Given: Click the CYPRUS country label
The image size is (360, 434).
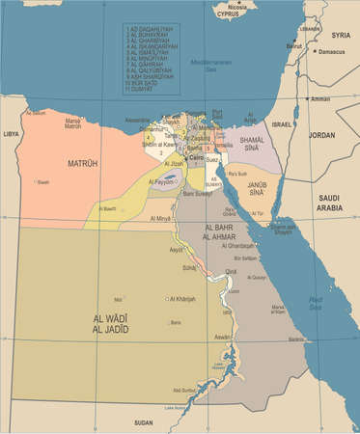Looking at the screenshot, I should tap(228, 15).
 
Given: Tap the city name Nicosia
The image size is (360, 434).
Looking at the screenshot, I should tap(236, 7).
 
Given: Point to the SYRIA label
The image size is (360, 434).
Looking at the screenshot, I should tap(340, 35).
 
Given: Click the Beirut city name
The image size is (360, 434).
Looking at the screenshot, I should tap(294, 45).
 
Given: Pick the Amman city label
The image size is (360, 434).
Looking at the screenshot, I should tap(320, 99).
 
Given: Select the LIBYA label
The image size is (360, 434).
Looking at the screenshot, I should tap(11, 134).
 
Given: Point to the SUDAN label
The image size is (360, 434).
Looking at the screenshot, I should tap(144, 422).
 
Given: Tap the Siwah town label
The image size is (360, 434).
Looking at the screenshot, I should tap(42, 181).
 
